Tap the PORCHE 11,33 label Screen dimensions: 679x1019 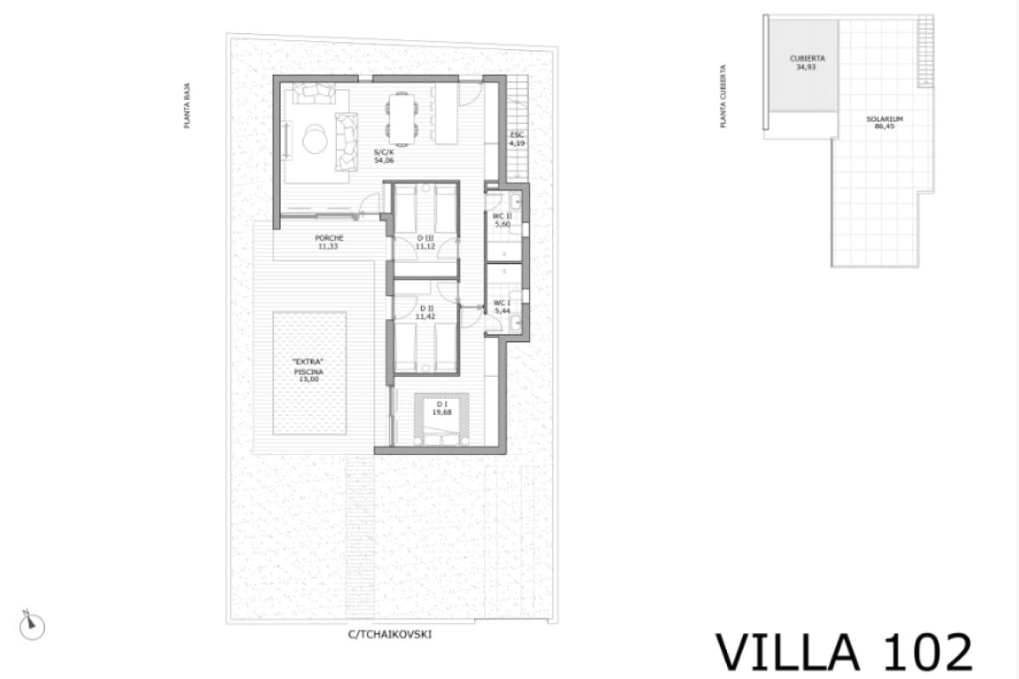pyautogui.click(x=329, y=242)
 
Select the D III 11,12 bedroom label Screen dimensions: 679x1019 pyautogui.click(x=425, y=241)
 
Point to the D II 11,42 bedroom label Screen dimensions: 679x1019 pyautogui.click(x=425, y=311)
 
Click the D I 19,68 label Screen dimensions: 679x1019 pyautogui.click(x=440, y=407)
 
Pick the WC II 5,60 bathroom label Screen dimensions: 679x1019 pyautogui.click(x=502, y=220)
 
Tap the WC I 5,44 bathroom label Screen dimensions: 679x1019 pyautogui.click(x=502, y=306)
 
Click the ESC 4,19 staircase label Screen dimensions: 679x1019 pyautogui.click(x=516, y=140)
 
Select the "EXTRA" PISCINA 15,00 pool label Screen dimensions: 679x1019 pyautogui.click(x=308, y=372)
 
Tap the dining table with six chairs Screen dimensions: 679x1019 pyautogui.click(x=403, y=116)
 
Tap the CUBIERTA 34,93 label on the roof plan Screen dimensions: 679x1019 pyautogui.click(x=807, y=62)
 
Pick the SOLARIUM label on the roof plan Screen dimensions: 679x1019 pyautogui.click(x=884, y=122)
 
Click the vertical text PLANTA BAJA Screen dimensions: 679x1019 pyautogui.click(x=187, y=105)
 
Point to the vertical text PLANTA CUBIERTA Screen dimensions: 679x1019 pyautogui.click(x=723, y=97)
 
